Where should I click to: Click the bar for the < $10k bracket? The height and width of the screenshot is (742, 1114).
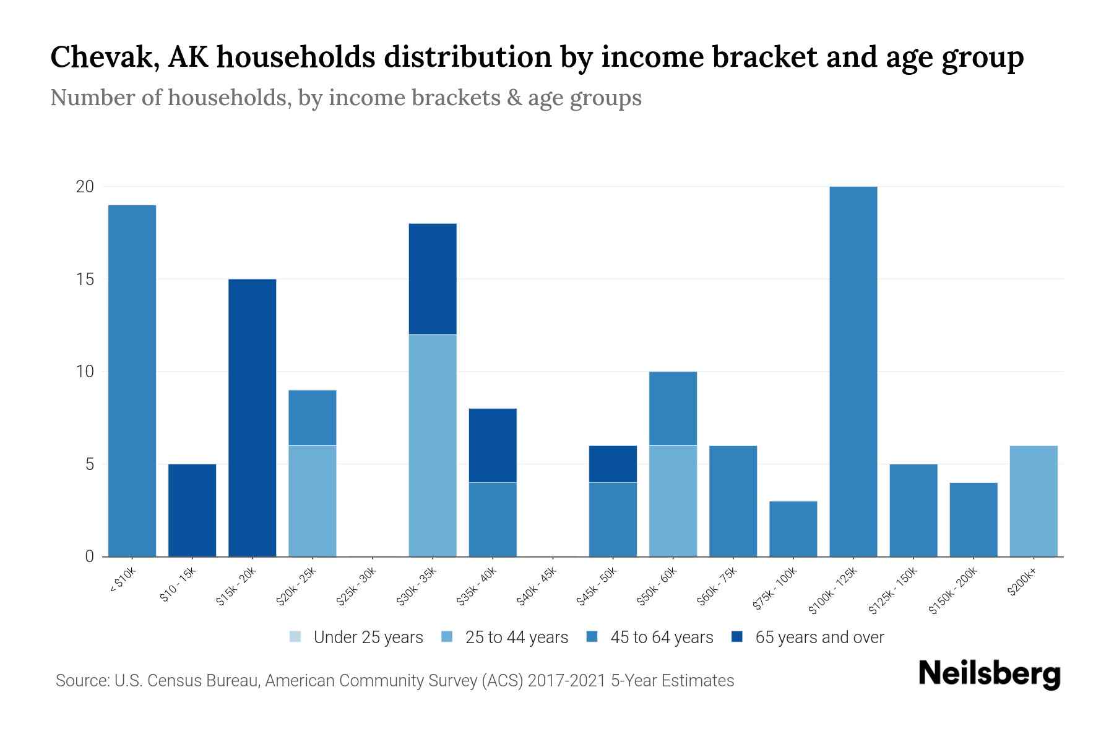pyautogui.click(x=132, y=380)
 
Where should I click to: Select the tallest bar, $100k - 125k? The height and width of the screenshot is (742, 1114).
pyautogui.click(x=853, y=371)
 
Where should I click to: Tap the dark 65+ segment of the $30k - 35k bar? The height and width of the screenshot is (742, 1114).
pyautogui.click(x=433, y=279)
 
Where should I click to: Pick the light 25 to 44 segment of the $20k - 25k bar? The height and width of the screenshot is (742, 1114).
pyautogui.click(x=313, y=501)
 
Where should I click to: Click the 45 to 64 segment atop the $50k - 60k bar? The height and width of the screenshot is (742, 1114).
pyautogui.click(x=673, y=408)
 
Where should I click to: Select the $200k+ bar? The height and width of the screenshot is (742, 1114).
pyautogui.click(x=1033, y=501)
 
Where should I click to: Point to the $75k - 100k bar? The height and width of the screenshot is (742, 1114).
pyautogui.click(x=793, y=529)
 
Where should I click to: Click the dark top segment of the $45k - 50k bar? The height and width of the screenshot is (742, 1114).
pyautogui.click(x=613, y=464)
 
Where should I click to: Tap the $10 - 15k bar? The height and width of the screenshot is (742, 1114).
pyautogui.click(x=192, y=510)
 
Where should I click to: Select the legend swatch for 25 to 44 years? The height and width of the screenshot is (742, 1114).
pyautogui.click(x=447, y=637)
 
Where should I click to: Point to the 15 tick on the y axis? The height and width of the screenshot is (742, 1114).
pyautogui.click(x=85, y=279)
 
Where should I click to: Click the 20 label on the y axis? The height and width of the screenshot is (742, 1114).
pyautogui.click(x=85, y=187)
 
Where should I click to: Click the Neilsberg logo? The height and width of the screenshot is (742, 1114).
pyautogui.click(x=989, y=674)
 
